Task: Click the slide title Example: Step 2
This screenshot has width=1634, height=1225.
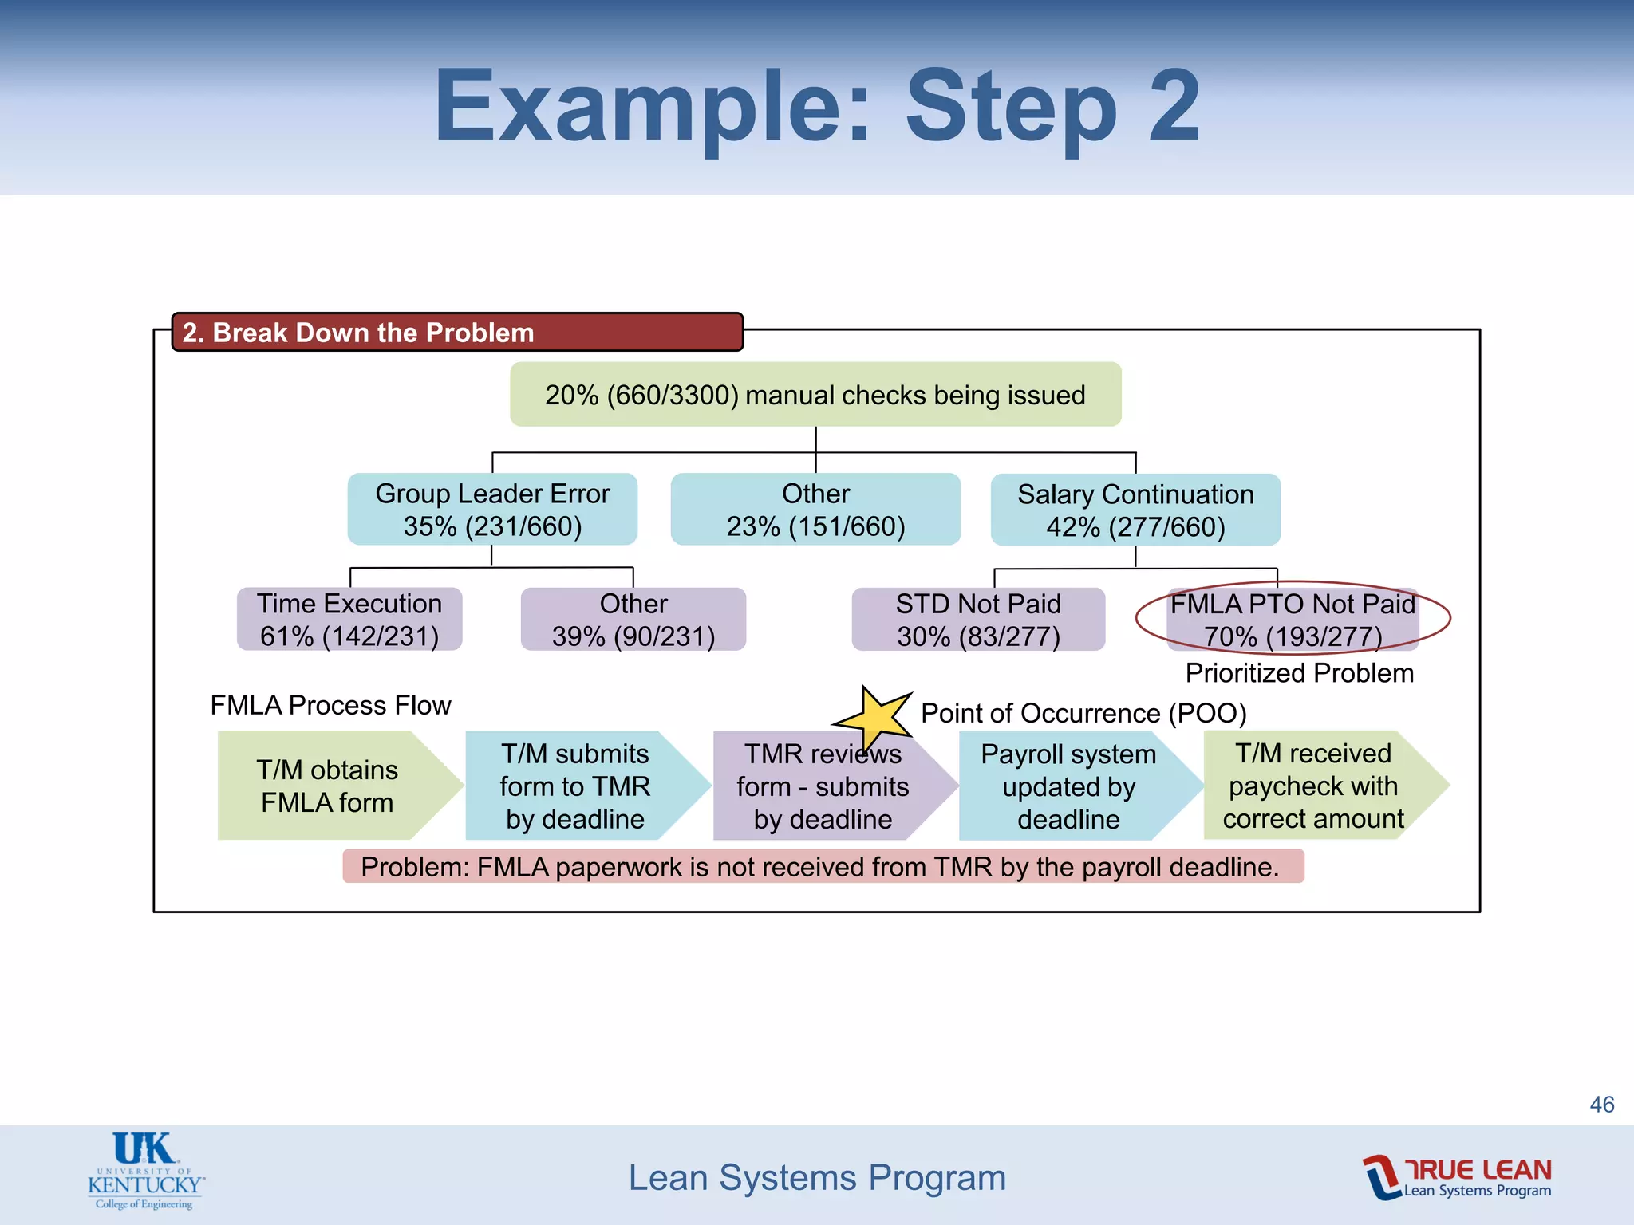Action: [x=816, y=105]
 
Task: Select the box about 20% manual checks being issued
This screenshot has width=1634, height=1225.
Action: [x=815, y=395]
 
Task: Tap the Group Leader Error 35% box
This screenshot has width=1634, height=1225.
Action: [x=492, y=510]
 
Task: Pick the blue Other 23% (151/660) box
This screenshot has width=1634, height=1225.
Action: [x=815, y=510]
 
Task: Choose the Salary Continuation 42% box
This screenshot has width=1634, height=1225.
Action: [x=1135, y=510]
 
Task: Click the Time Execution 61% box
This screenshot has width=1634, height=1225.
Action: [x=349, y=620]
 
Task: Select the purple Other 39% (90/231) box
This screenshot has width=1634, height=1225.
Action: [x=633, y=620]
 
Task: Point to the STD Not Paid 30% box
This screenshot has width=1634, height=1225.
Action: [x=978, y=620]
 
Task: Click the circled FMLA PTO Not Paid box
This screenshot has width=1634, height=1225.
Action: [x=1293, y=619]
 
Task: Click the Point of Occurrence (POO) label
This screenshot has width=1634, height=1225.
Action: [x=1083, y=713]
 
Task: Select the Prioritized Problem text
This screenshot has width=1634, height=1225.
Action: [x=1299, y=673]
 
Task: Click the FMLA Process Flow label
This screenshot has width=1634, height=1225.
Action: [x=330, y=705]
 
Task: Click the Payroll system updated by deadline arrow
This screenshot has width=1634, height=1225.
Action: [x=1069, y=786]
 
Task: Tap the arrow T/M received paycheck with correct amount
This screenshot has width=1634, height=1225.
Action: [x=1313, y=786]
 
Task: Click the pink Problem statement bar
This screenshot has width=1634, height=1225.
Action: [x=822, y=867]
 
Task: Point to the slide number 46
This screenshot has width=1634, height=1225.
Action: [x=1601, y=1105]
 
